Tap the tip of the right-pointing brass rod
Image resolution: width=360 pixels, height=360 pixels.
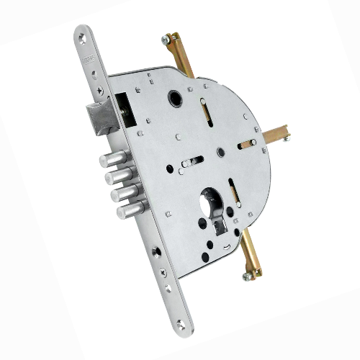point(287,130)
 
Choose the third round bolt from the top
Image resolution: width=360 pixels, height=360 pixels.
point(125,194)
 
